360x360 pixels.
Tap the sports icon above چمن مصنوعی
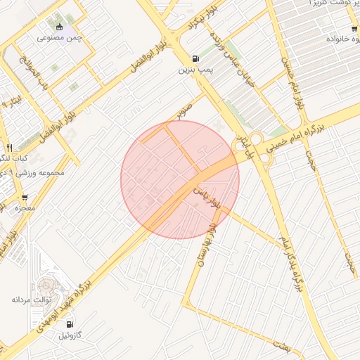[60, 27]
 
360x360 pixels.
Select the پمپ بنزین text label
[194, 70]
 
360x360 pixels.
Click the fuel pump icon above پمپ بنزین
[194, 59]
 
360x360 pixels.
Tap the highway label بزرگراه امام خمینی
[313, 136]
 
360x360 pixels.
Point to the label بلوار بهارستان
[215, 231]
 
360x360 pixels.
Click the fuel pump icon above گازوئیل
[70, 324]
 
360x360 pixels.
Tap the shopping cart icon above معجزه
[25, 198]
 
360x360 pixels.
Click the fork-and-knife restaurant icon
[8, 148]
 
